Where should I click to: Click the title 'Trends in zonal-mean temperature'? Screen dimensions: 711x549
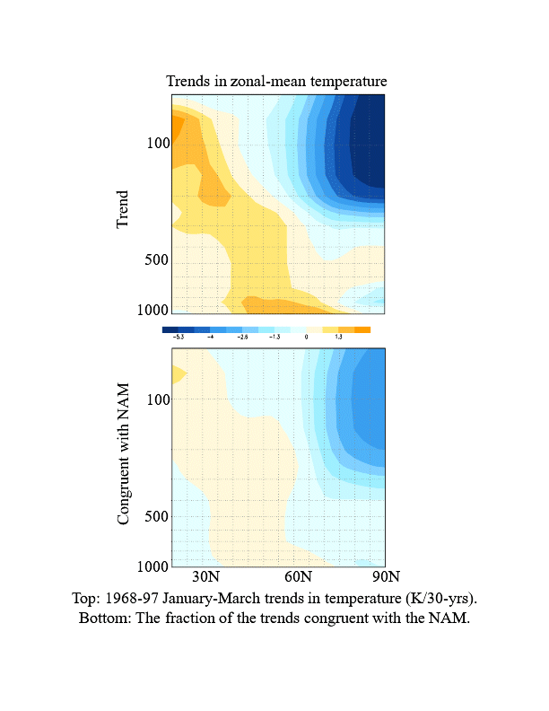(x=276, y=82)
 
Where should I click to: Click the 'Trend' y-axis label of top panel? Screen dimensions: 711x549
(x=123, y=207)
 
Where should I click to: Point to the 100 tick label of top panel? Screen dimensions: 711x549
(x=158, y=143)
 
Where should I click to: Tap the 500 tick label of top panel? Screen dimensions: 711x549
(x=158, y=261)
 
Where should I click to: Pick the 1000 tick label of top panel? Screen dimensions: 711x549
(x=154, y=311)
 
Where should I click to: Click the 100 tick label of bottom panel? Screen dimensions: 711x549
(x=158, y=399)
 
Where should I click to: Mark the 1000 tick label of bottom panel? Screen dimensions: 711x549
(x=154, y=566)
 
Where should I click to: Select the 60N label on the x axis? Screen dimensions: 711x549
(x=298, y=576)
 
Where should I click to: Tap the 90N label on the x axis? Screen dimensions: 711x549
(x=385, y=576)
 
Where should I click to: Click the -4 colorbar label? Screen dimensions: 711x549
(x=210, y=337)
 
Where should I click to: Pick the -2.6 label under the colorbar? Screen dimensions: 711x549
(x=241, y=337)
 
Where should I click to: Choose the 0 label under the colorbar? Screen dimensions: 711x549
(x=306, y=337)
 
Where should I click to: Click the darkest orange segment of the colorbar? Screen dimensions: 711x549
(x=362, y=329)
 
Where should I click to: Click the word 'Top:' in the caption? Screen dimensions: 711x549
(x=88, y=598)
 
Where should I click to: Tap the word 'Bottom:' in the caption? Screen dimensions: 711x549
(x=105, y=619)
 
